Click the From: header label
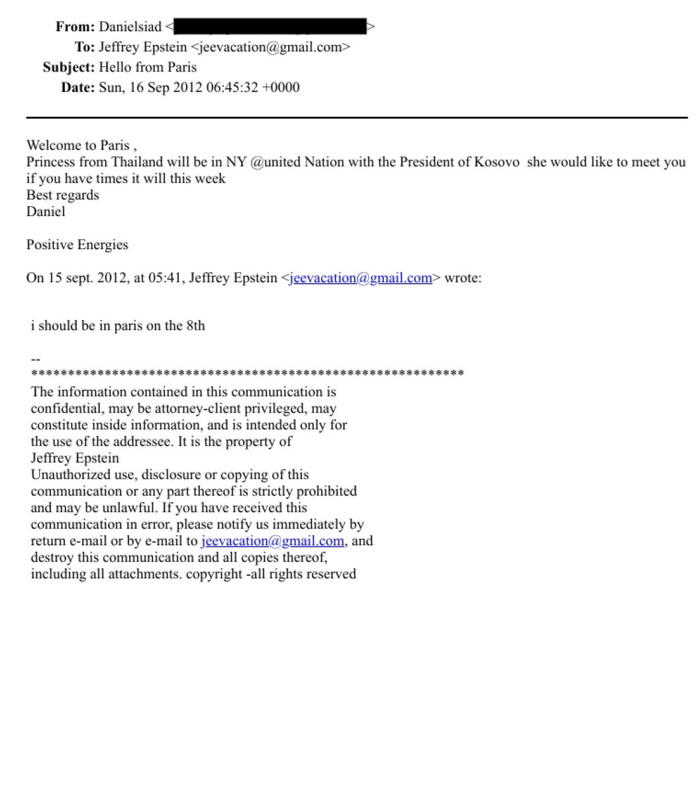[75, 27]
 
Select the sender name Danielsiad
[130, 27]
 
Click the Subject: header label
[69, 67]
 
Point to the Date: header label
[78, 87]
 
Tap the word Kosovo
[497, 162]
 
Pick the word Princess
[50, 162]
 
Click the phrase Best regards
[62, 195]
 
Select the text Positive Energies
[77, 244]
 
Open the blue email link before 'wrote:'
[361, 278]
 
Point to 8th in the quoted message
[195, 325]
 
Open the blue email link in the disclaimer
[272, 541]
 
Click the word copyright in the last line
[214, 574]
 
